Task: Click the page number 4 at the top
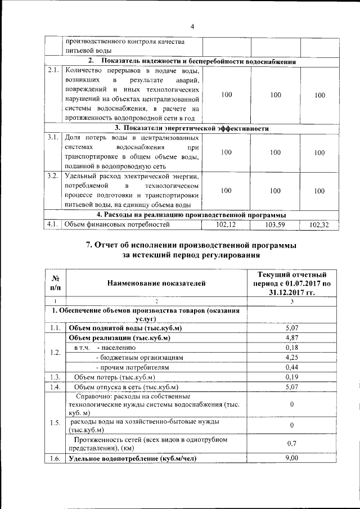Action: pos(191,26)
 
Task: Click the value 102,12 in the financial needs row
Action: pos(226,225)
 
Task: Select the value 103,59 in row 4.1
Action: pos(275,225)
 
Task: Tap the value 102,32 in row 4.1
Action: pos(319,225)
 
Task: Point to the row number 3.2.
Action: pos(53,176)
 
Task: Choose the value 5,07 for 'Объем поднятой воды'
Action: pos(291,327)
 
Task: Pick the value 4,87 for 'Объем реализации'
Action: pos(291,337)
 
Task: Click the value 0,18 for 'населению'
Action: pos(291,348)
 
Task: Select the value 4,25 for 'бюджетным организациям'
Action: pos(291,357)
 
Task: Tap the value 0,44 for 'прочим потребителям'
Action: pos(291,367)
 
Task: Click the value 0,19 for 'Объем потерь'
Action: pos(291,377)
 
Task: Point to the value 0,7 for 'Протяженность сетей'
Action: pos(291,443)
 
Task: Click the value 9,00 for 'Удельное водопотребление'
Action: pos(291,459)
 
